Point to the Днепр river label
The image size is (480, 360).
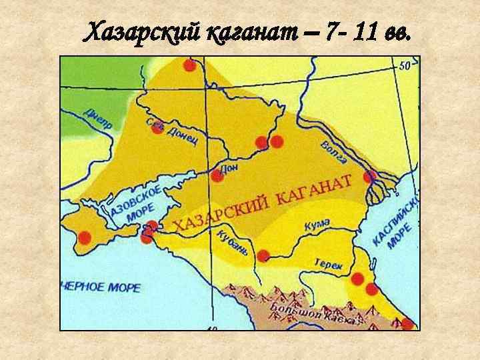click(99, 120)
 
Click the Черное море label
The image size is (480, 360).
click(101, 287)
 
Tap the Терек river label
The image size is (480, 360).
click(329, 265)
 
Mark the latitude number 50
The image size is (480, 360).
click(405, 66)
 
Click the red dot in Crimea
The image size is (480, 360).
click(85, 237)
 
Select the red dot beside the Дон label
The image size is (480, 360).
click(217, 176)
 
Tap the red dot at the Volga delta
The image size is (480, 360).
click(370, 177)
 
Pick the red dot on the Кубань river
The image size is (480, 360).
click(263, 255)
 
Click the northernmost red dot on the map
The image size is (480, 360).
click(189, 65)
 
